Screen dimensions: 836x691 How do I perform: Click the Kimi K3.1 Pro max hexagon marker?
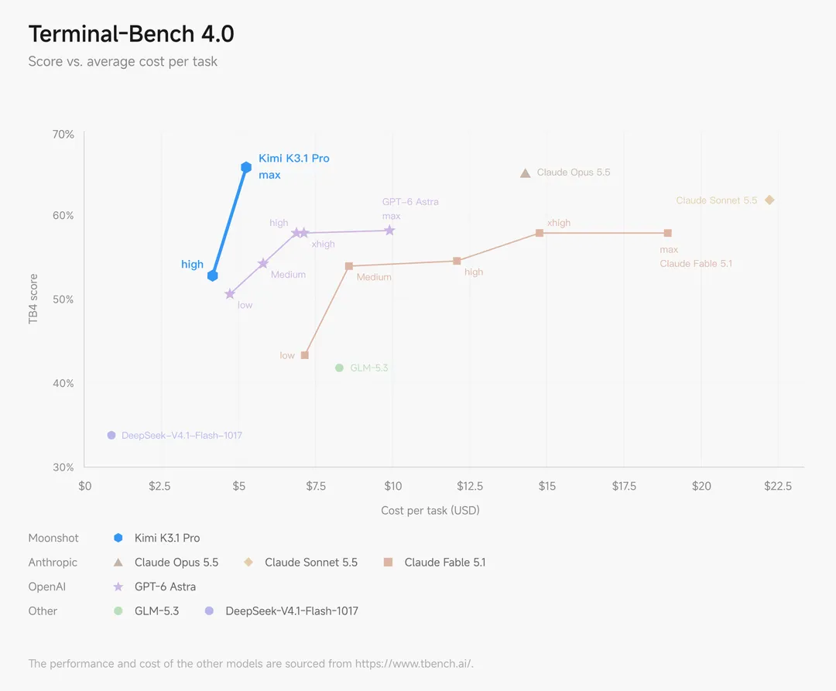tap(246, 167)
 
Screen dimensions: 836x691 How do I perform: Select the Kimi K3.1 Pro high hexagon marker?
tap(213, 275)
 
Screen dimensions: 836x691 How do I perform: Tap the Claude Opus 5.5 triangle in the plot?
tap(525, 173)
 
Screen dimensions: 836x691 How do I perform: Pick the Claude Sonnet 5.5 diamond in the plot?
tap(769, 200)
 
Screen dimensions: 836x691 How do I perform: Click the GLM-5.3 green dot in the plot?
tap(339, 368)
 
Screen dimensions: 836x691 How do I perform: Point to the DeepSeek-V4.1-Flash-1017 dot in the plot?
tap(111, 436)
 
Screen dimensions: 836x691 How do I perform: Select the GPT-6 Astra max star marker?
tap(389, 230)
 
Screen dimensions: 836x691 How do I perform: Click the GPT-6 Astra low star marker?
tap(230, 293)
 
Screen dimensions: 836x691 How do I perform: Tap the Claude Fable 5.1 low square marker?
tap(305, 355)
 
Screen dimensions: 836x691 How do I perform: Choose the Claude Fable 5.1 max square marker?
tap(667, 233)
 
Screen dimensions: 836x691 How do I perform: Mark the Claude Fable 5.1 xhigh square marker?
tap(540, 233)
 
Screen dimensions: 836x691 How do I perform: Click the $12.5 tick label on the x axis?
tap(470, 486)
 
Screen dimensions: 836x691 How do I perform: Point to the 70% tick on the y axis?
tap(63, 135)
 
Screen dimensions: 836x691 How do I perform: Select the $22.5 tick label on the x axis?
tap(778, 486)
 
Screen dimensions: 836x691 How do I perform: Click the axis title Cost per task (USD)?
tap(430, 511)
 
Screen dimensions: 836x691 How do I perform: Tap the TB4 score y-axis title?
tap(33, 299)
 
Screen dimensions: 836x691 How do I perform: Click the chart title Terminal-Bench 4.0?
tap(131, 33)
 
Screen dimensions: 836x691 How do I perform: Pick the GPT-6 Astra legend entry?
tap(155, 587)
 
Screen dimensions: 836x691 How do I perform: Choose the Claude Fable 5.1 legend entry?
tap(434, 562)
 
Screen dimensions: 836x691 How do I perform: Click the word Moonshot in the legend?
tap(53, 538)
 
